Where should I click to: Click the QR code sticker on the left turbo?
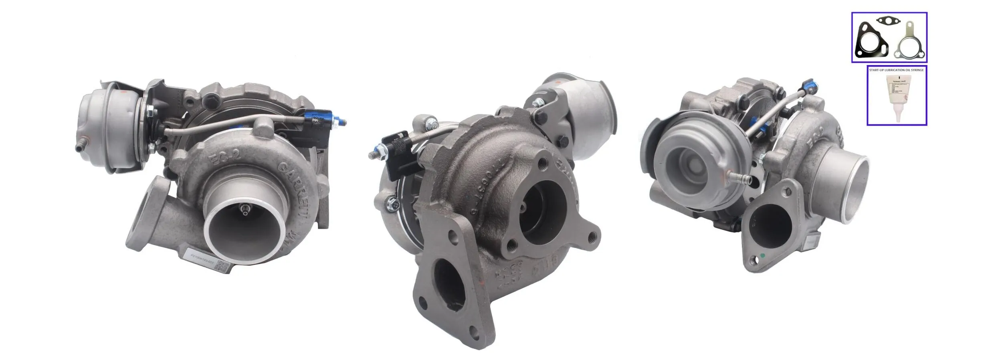click(x=223, y=266)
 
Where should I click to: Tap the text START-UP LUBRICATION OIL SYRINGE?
click(x=896, y=70)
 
